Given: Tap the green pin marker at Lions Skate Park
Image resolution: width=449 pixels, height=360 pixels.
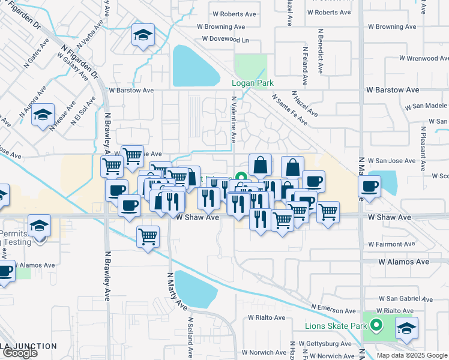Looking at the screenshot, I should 376,326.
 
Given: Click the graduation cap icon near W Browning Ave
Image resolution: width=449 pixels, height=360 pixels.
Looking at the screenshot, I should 143,35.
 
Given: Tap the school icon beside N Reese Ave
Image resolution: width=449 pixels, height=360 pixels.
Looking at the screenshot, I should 43,115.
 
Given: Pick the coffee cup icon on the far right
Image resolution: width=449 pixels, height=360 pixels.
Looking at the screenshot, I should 370,185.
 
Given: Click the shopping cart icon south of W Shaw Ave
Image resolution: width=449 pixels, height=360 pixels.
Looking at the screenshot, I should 148,236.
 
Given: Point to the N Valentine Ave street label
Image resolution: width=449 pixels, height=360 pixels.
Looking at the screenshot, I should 234,121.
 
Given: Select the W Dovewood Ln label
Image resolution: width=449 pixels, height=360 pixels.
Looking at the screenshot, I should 225,39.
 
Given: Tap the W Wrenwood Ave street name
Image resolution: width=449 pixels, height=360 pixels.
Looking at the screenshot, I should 424,58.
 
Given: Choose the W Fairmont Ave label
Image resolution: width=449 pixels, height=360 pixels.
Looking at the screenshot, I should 391,244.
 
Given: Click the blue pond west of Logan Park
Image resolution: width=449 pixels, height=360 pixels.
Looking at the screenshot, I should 196,66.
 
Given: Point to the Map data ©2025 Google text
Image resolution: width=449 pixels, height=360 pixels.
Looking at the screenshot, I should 412,355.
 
